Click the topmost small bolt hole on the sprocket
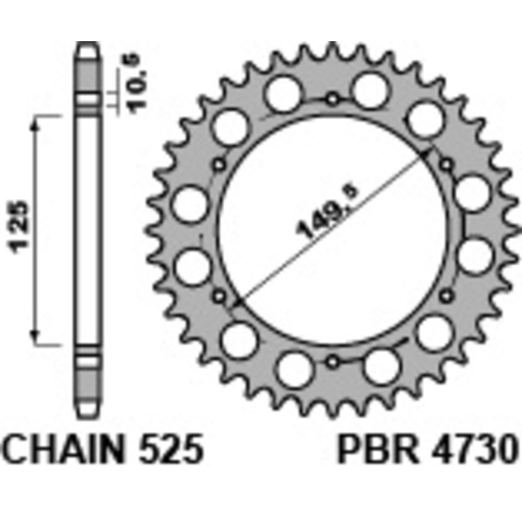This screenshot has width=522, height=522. coord(333,100)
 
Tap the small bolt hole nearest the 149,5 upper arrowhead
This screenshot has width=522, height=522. coord(447,164)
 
